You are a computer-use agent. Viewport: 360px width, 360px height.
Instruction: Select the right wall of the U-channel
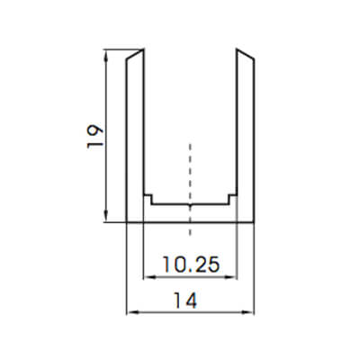(245, 135)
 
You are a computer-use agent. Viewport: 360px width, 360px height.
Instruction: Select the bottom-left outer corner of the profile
(127, 220)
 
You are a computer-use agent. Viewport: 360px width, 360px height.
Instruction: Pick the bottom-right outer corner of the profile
(253, 220)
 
